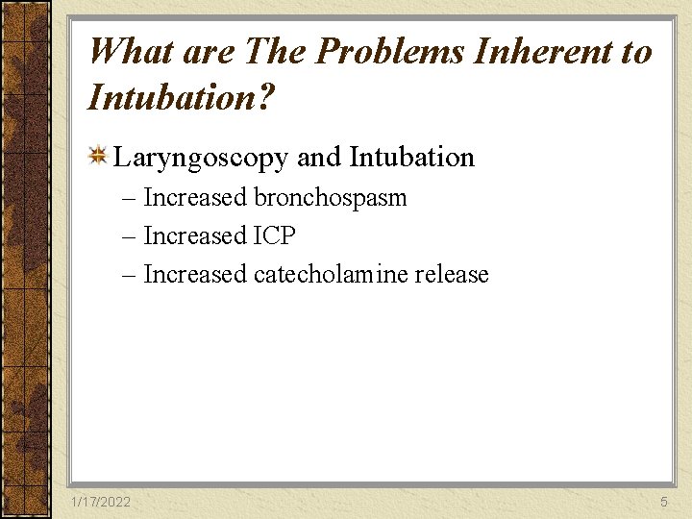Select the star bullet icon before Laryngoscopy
(x=97, y=156)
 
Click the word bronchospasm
(x=330, y=198)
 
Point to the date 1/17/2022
(x=101, y=503)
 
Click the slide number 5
(x=663, y=503)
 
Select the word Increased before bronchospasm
(x=195, y=198)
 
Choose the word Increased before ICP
(x=195, y=236)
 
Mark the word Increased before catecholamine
(x=195, y=275)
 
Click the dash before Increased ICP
(x=130, y=236)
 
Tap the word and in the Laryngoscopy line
(x=319, y=158)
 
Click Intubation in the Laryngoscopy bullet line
(x=412, y=158)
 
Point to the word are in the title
(x=210, y=51)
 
